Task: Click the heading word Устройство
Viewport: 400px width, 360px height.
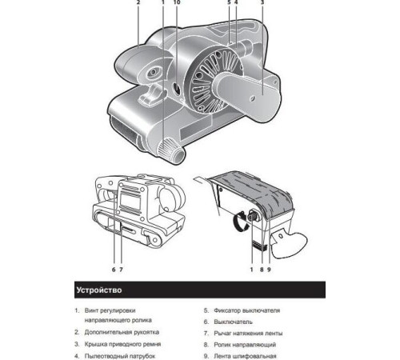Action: tap(99, 290)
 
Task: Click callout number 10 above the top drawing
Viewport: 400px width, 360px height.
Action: tap(177, 2)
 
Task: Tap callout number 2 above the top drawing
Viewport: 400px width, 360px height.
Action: tap(138, 2)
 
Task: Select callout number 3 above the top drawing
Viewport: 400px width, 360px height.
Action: tap(262, 2)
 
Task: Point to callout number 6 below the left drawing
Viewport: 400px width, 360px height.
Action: tap(114, 270)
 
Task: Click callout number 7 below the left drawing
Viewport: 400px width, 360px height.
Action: tap(121, 270)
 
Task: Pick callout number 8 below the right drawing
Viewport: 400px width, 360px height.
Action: tap(262, 270)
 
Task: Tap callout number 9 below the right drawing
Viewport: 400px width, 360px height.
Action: tap(269, 270)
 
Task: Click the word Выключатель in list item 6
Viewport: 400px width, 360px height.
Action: tap(233, 322)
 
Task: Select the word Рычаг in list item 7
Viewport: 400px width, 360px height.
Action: tap(222, 334)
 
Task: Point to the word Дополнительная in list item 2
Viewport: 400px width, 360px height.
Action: tap(107, 332)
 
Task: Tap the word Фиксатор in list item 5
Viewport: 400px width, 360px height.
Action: tap(226, 310)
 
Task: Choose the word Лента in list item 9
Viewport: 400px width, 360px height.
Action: tap(222, 356)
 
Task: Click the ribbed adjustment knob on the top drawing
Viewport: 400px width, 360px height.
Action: tap(166, 148)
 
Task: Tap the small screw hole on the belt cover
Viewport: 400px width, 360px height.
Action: tap(251, 99)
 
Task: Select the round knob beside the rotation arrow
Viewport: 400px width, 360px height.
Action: tap(252, 216)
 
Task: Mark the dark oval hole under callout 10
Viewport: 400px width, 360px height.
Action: tap(176, 89)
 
